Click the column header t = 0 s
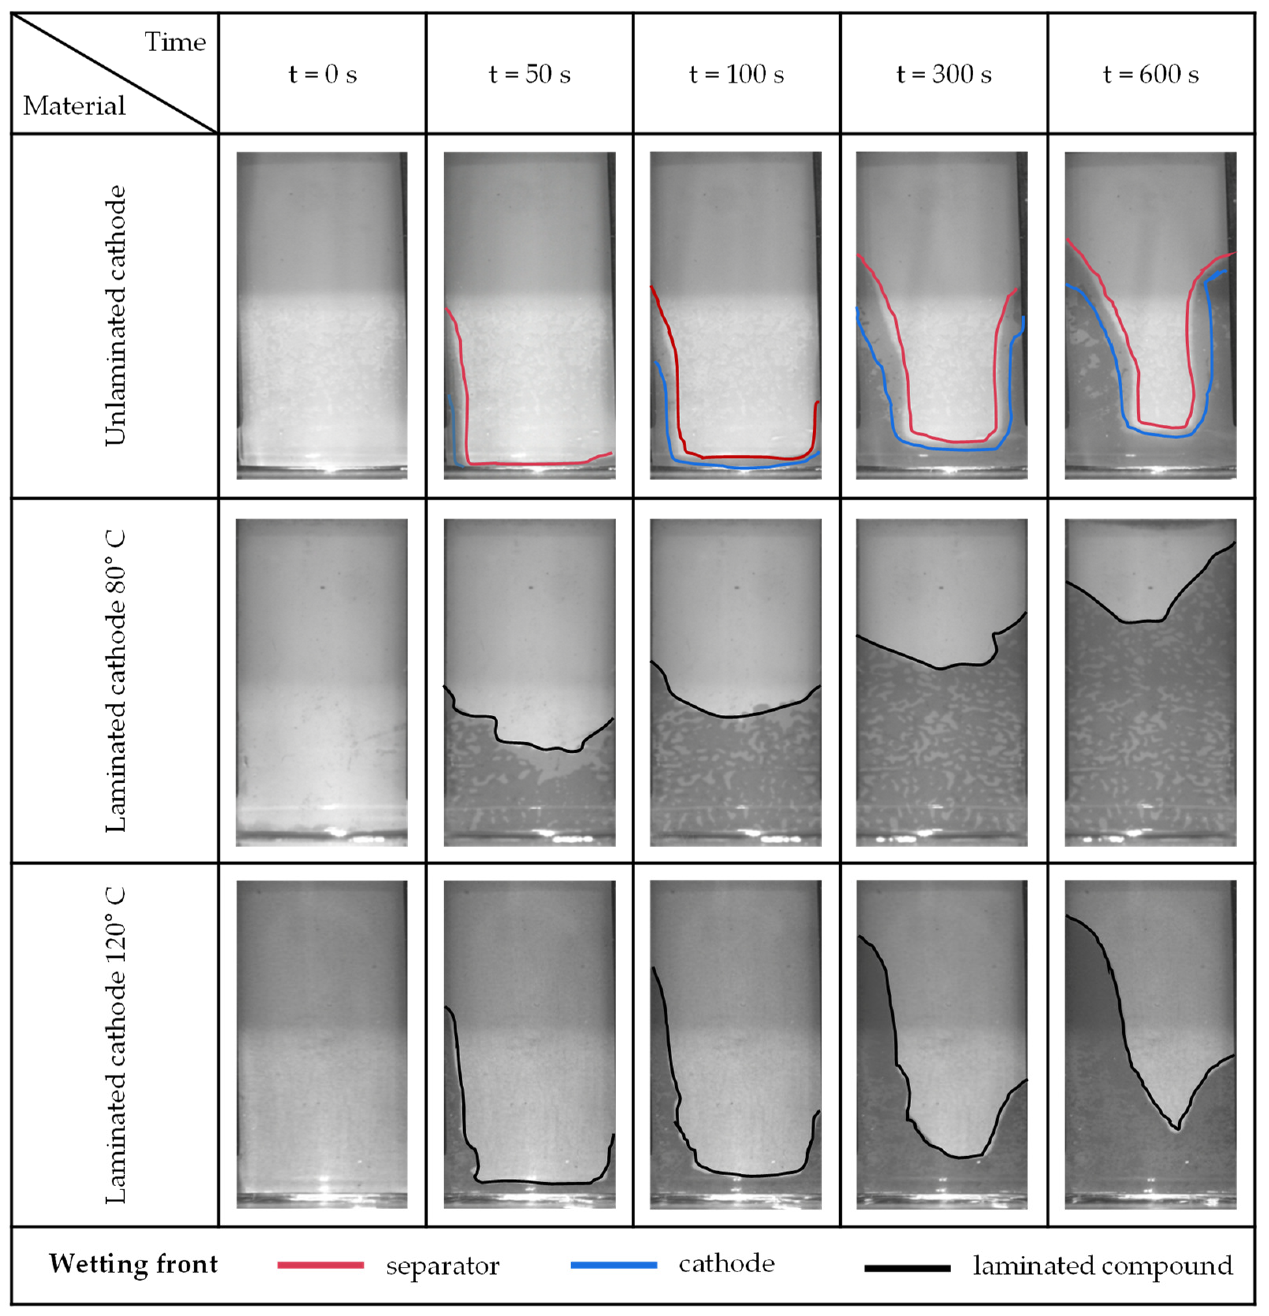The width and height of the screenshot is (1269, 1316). coord(322,74)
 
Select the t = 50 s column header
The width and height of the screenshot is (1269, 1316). coord(530,74)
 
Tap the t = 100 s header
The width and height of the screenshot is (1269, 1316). coord(736,74)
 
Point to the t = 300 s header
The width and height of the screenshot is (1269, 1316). coord(944,74)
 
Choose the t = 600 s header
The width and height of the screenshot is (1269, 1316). coord(1151,74)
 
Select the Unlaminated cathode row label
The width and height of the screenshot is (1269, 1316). coord(116,315)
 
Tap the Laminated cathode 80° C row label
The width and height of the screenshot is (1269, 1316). coord(116,682)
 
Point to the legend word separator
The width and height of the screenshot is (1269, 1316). coord(442,1266)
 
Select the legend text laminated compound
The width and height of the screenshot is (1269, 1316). coord(1103,1266)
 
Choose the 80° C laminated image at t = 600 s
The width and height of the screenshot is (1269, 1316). coord(1150,682)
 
